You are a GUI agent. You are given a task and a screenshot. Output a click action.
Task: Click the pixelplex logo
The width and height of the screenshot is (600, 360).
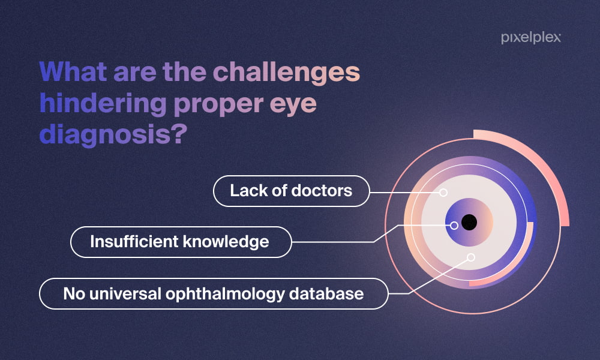[531, 38]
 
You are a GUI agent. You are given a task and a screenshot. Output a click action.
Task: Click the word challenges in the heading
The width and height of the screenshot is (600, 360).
[286, 73]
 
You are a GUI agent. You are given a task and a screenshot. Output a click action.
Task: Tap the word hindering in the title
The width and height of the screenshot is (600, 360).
[103, 103]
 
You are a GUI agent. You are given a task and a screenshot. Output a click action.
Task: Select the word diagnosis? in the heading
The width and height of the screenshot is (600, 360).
[113, 134]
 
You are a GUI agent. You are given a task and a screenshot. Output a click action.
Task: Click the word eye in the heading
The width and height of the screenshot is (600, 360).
[293, 105]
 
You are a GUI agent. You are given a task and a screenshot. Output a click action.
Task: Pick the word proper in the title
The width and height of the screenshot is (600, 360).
[218, 105]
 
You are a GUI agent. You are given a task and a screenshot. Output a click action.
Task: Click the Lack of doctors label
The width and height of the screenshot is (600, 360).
[291, 191]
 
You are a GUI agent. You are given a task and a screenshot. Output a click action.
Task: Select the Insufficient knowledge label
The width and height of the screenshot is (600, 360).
[181, 242]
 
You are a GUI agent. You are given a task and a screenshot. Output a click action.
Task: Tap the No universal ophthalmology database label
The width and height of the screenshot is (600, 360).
[214, 294]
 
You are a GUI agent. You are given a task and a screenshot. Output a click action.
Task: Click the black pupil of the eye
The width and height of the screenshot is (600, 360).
[469, 222]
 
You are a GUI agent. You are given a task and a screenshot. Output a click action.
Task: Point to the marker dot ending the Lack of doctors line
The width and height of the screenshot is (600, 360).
[443, 193]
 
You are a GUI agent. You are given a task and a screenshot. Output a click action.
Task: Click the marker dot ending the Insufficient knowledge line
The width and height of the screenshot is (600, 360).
[454, 226]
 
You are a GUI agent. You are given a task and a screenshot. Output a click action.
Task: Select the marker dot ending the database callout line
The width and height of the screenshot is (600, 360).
[471, 257]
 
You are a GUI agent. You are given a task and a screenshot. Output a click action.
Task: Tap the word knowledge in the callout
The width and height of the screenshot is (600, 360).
[226, 242]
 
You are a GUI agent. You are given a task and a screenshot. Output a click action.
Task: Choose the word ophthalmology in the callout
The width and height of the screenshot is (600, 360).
[225, 295]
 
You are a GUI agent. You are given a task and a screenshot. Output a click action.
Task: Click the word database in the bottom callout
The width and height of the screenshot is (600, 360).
[326, 294]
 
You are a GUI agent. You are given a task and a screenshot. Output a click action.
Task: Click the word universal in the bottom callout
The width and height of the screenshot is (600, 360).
[125, 294]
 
